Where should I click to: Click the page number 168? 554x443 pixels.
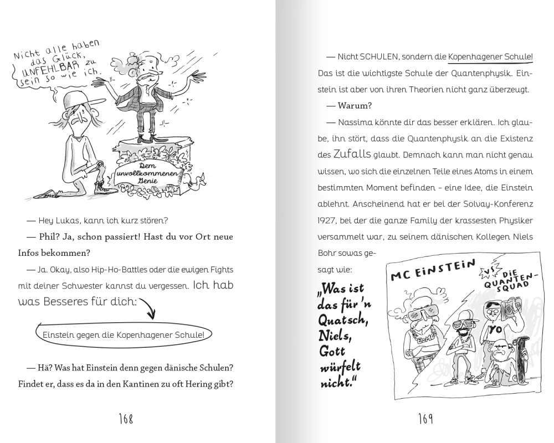(x=126, y=419)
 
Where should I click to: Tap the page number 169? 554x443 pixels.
(x=425, y=419)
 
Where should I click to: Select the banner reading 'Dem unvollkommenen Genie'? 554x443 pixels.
(x=148, y=173)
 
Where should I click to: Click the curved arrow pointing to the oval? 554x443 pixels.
(x=149, y=307)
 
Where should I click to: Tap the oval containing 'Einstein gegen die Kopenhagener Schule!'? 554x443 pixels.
(x=124, y=334)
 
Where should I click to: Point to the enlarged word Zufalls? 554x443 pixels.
(x=352, y=154)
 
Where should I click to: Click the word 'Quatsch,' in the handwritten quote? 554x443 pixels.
(x=342, y=320)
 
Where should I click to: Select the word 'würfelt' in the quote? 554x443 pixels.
(x=340, y=367)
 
